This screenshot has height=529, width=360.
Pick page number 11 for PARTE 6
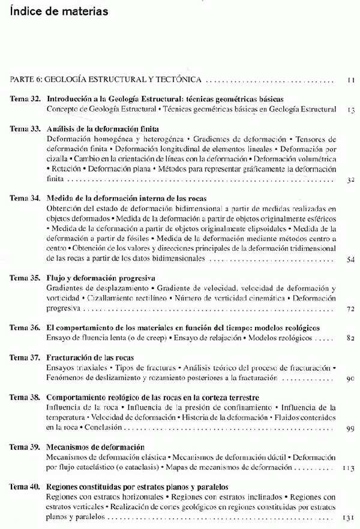(352, 79)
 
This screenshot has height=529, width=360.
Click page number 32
(352, 179)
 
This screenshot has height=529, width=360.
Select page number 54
(352, 259)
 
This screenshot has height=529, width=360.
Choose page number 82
(352, 339)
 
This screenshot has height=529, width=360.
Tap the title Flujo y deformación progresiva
(101, 278)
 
